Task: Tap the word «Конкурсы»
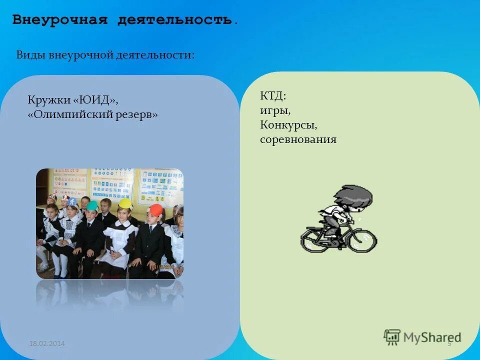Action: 288,125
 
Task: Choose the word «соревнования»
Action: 298,139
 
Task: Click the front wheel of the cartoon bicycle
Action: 361,241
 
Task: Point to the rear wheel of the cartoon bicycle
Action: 315,239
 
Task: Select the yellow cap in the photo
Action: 124,203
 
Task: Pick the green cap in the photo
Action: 92,205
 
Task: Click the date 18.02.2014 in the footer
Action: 47,343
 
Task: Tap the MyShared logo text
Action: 432,337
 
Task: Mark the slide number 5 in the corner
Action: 449,343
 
